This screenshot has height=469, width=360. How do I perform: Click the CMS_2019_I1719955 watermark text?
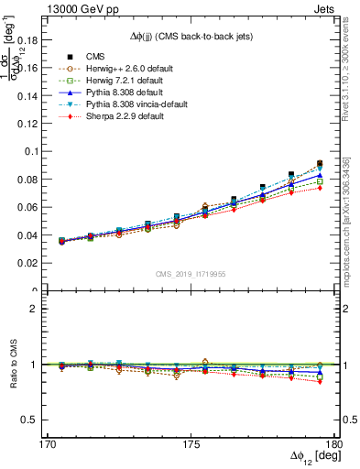click(191, 273)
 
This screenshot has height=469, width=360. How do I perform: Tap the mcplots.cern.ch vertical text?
click(353, 229)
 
